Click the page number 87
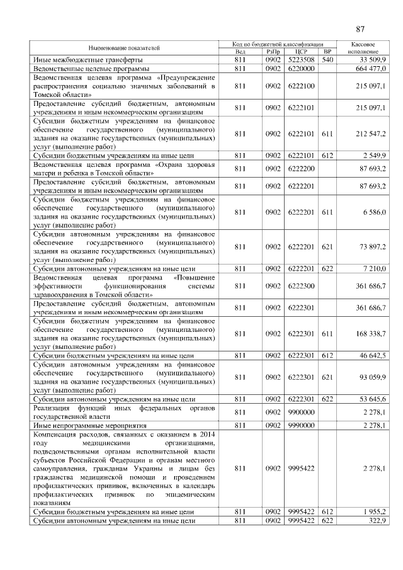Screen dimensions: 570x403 coord(360,29)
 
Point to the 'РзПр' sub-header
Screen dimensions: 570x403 coord(273,52)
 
